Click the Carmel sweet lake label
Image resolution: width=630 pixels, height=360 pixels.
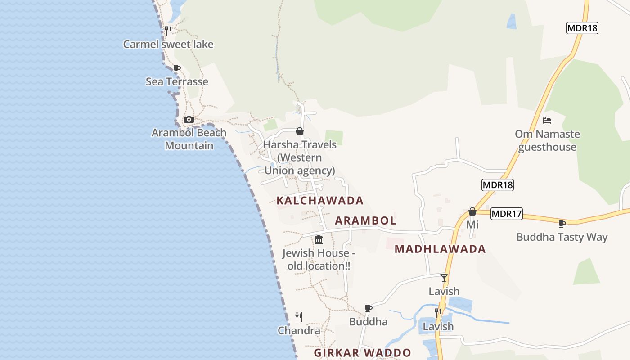click(168, 44)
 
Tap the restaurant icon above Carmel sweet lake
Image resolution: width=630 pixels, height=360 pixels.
click(168, 31)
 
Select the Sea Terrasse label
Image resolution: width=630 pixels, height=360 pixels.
click(177, 81)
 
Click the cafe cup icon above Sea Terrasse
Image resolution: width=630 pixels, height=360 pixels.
click(176, 68)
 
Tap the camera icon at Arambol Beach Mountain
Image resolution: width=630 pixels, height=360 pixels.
click(189, 119)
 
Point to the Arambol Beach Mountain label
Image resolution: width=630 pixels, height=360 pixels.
click(189, 139)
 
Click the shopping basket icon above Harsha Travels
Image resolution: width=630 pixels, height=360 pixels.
click(300, 131)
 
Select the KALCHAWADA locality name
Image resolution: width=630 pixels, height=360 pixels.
click(320, 200)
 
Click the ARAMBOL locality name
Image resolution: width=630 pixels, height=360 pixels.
click(365, 220)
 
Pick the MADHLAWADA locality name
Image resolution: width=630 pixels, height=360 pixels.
click(440, 249)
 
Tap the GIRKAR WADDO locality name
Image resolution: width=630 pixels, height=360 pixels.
click(362, 353)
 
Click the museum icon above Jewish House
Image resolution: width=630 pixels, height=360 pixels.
click(319, 239)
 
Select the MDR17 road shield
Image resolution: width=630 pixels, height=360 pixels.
click(507, 214)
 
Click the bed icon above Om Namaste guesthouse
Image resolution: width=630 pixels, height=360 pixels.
click(547, 121)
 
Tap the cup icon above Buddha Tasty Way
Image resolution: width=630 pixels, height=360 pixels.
click(562, 224)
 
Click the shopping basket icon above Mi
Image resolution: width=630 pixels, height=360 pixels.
click(472, 211)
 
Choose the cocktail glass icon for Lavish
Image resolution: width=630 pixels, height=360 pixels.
click(444, 278)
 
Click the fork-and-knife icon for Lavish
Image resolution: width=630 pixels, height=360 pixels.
click(438, 313)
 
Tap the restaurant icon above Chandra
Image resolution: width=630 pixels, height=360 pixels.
click(299, 317)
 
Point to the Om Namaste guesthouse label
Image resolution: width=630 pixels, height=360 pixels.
click(547, 140)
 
